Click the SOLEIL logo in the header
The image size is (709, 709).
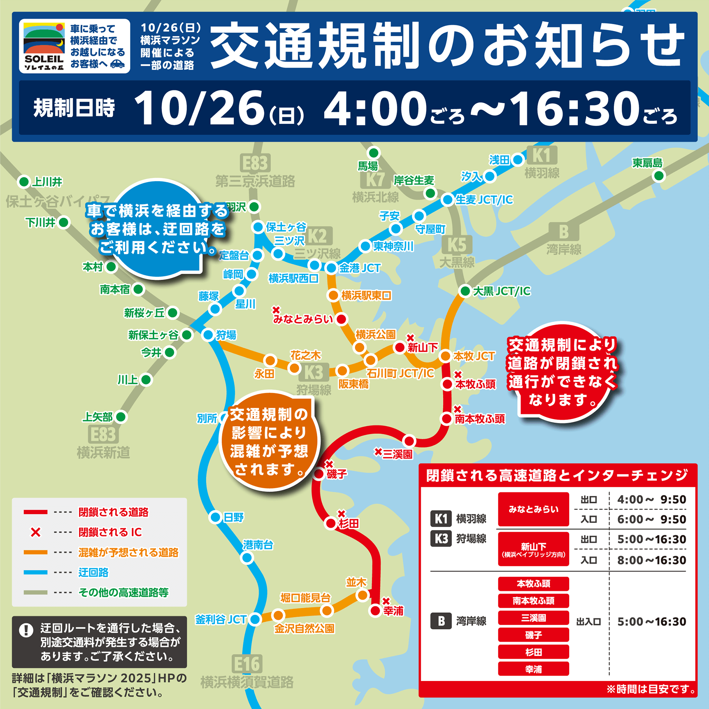pos(44,46)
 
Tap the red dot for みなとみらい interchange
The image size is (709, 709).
pos(341,319)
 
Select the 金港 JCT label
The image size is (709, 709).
pos(360,268)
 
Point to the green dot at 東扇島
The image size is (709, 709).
pos(659,176)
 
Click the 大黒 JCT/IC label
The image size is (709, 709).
pos(501,291)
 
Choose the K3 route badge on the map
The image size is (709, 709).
pos(314,372)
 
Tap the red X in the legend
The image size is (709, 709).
pos(35,532)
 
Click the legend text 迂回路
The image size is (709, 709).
pos(93,572)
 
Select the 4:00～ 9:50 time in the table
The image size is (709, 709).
pos(651,500)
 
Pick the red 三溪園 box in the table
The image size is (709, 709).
pos(533,618)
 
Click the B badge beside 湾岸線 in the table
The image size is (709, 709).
pos(441,621)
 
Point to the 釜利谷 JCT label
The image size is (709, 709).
pos(220,619)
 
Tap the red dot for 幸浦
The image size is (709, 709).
pos(375,610)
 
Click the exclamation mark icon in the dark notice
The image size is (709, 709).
pos(26,630)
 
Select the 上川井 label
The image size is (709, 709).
pos(47,182)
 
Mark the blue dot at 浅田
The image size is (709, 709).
pos(518,159)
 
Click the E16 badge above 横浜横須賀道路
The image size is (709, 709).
pos(247,664)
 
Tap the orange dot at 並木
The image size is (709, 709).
pos(363,595)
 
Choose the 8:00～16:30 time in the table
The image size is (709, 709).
pos(651,560)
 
